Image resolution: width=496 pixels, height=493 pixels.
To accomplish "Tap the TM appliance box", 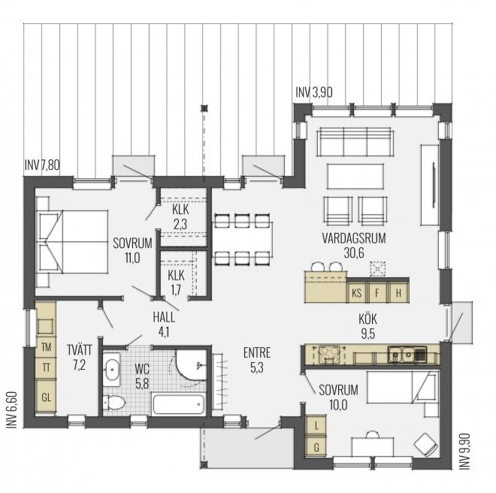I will (46, 346).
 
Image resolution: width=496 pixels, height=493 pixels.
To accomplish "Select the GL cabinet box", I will (46, 396).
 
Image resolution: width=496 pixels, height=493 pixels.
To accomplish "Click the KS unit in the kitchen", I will (356, 292).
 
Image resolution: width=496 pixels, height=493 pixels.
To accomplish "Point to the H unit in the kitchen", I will (399, 292).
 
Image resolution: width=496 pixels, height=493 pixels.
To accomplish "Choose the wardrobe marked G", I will (316, 447).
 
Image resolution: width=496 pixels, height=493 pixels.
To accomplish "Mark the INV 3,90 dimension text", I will (313, 92).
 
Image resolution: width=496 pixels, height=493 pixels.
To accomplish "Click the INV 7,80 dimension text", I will (43, 165).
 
